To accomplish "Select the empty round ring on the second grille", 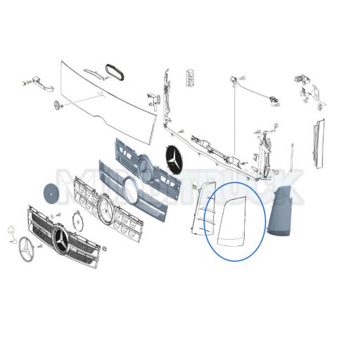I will pyautogui.click(x=131, y=190).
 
